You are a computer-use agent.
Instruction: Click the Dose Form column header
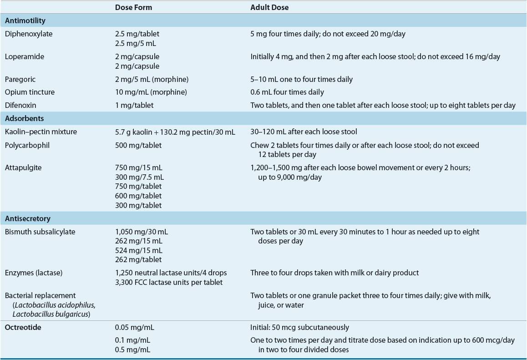134,8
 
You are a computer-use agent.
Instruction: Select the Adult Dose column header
269,8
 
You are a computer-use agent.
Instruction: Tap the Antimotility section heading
25,21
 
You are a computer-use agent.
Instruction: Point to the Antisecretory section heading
28,218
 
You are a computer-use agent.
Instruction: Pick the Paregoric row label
20,79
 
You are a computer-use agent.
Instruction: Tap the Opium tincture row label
30,92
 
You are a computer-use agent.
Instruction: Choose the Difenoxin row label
22,105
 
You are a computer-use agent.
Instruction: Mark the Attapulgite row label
23,167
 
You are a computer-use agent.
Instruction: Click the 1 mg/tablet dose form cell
135,105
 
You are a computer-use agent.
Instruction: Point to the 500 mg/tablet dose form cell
139,145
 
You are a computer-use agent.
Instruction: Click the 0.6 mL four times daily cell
287,92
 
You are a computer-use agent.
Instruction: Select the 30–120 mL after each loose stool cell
304,132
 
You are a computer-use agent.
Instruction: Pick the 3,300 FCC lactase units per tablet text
169,282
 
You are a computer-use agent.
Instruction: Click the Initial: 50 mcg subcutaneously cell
300,327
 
